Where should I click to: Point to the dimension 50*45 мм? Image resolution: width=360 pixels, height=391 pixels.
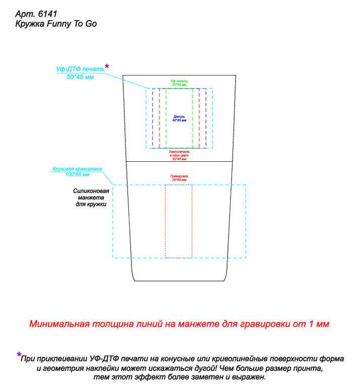point(80,77)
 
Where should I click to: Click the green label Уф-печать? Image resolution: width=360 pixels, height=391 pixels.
point(179,81)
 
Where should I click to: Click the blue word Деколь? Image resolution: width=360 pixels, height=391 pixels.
point(179,116)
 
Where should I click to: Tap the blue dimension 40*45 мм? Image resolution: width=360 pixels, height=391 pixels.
point(179,120)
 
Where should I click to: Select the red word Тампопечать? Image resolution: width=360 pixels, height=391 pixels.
point(179,152)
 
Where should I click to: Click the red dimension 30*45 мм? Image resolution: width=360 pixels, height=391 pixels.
point(179,159)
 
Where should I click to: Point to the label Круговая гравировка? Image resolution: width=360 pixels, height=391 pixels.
point(78,169)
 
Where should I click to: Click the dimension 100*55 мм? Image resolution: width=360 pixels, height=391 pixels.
point(78,174)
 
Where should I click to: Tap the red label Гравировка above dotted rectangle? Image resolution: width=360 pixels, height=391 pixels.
point(179,176)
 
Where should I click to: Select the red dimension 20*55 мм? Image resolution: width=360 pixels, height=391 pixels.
point(179,180)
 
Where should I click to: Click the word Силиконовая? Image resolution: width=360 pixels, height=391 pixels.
point(91,191)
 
